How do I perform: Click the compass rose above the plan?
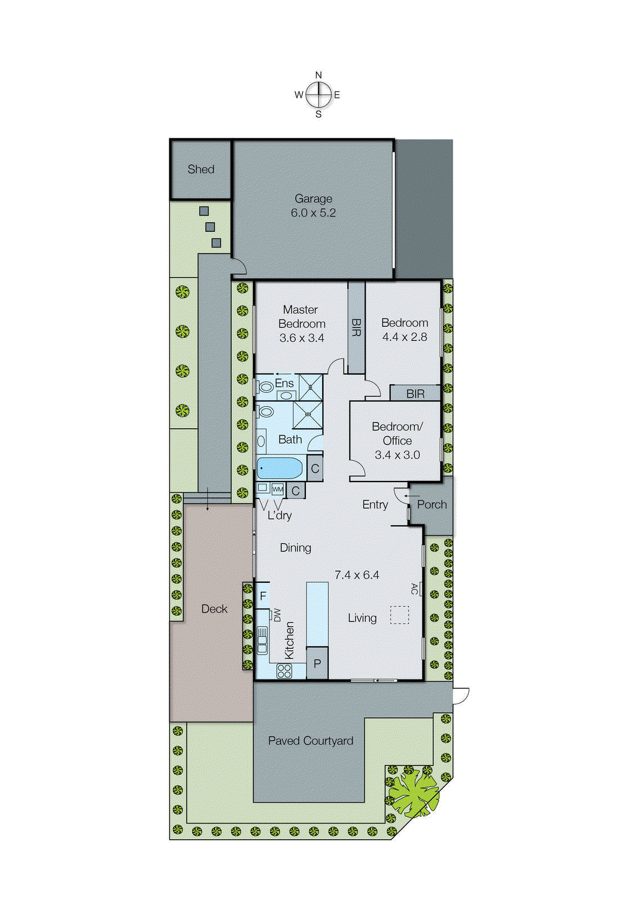tap(319, 94)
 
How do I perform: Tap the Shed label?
tap(201, 169)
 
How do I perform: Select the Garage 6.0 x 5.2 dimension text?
tap(313, 213)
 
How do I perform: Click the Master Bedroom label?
tap(301, 317)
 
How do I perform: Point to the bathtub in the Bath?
tap(279, 468)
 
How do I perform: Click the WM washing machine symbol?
tap(278, 489)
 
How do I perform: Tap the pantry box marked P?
tap(317, 664)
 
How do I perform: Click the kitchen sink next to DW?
tap(262, 640)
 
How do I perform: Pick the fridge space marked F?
tap(263, 596)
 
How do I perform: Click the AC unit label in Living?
tap(415, 589)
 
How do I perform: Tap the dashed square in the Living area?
tap(400, 615)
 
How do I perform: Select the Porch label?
tap(432, 505)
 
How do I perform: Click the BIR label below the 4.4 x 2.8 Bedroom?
tap(415, 394)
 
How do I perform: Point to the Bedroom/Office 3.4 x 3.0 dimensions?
tap(397, 455)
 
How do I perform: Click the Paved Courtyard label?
tap(310, 741)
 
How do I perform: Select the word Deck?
tap(214, 609)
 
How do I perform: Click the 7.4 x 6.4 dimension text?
tap(356, 575)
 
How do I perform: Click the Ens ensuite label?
tap(284, 383)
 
